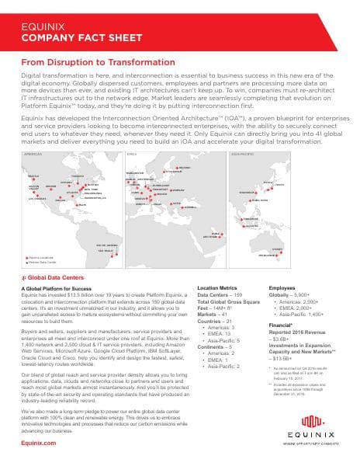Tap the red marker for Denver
(51, 186)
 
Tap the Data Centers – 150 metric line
(220, 295)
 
